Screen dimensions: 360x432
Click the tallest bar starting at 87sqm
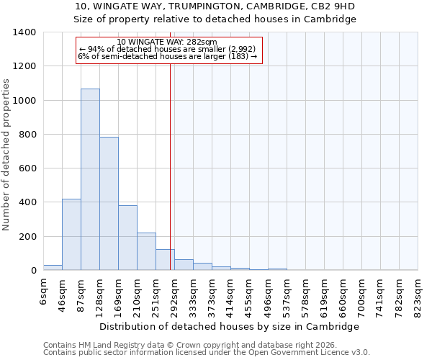[x=90, y=180]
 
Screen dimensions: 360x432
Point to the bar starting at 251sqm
[x=165, y=260]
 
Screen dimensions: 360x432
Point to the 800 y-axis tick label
[x=27, y=135]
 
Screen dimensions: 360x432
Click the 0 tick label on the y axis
[x=33, y=271]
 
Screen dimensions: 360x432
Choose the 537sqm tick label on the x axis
[x=287, y=297]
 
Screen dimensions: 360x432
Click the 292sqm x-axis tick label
[x=174, y=297]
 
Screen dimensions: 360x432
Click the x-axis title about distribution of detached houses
[x=229, y=326]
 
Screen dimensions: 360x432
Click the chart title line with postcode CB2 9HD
[x=215, y=6]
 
